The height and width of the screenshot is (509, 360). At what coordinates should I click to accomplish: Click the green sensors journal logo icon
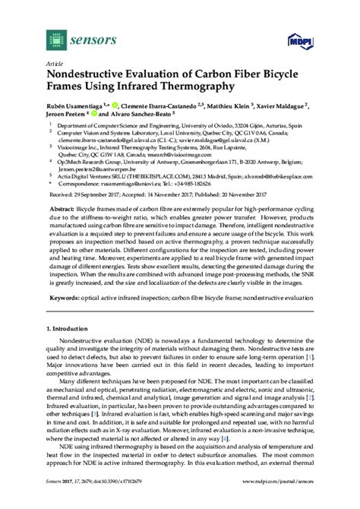pos(55,36)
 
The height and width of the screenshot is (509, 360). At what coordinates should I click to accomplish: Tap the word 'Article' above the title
pos(55,65)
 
